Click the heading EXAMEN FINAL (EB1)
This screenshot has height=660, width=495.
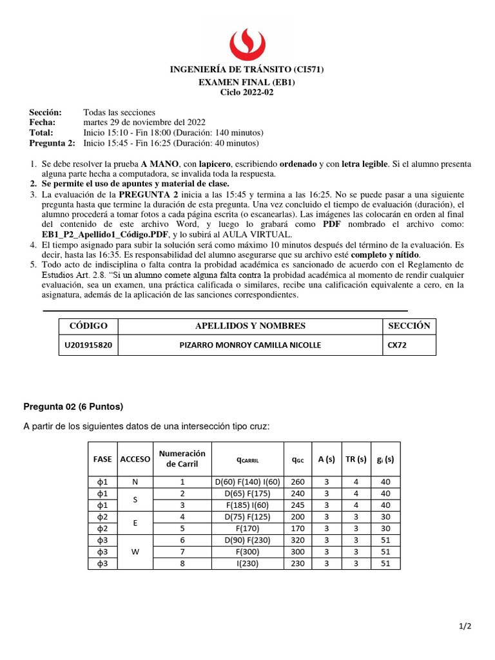click(x=247, y=83)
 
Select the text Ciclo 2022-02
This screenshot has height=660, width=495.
click(x=247, y=93)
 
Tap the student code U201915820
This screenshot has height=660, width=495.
click(x=88, y=345)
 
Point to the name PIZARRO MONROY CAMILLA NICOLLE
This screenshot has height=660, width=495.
click(x=249, y=345)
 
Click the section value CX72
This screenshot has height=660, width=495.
click(x=397, y=345)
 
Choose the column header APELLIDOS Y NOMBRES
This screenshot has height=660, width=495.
click(x=250, y=325)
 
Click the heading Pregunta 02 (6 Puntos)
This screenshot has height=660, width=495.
click(x=73, y=406)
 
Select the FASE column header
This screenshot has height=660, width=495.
click(x=102, y=459)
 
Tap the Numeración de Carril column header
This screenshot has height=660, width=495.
click(x=182, y=459)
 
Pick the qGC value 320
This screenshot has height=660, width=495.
click(x=298, y=540)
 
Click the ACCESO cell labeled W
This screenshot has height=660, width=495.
click(x=135, y=552)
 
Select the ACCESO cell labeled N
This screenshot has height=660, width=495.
click(x=135, y=481)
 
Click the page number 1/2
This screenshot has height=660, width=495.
click(x=465, y=626)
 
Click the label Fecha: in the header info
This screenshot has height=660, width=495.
click(x=42, y=122)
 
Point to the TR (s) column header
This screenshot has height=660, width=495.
click(x=355, y=459)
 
